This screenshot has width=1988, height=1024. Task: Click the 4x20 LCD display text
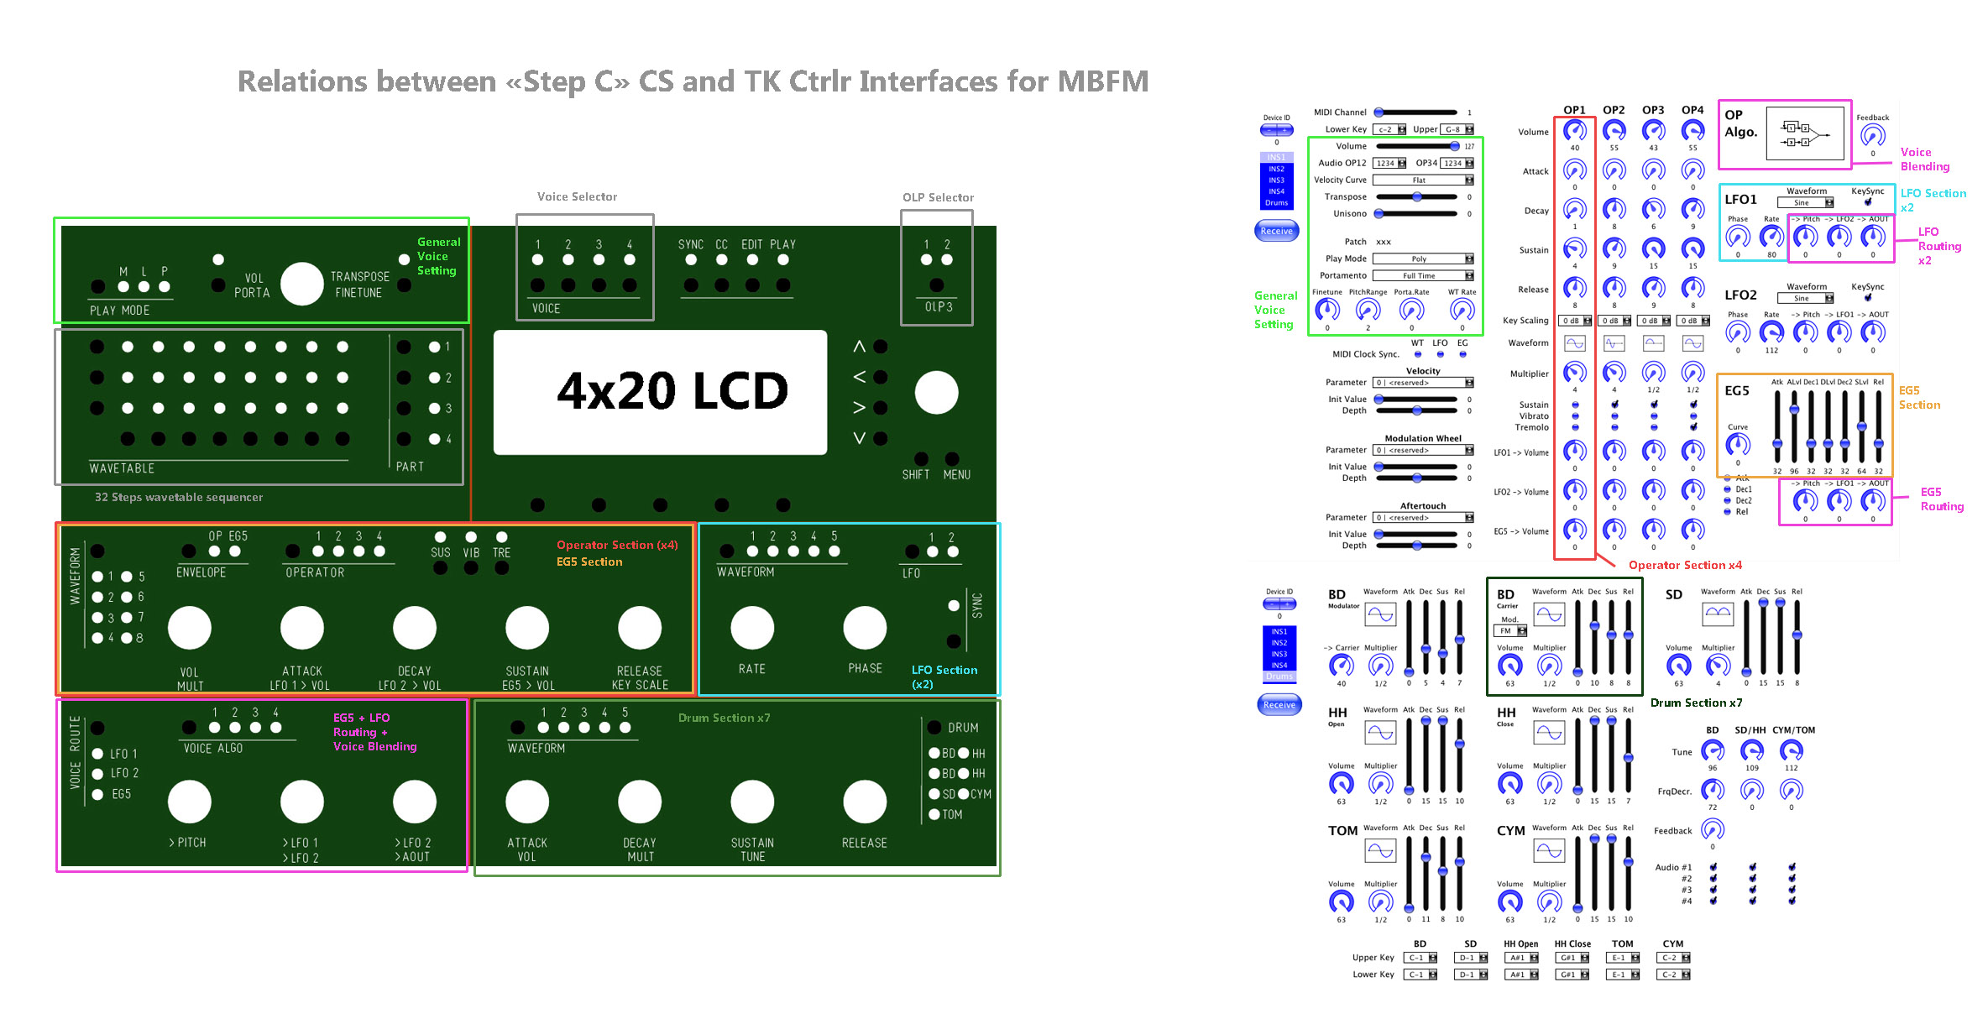tap(672, 391)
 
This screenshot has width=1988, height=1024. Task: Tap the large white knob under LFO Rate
tap(752, 628)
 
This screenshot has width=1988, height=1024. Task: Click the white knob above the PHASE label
tap(865, 628)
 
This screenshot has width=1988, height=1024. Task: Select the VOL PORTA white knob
tap(302, 284)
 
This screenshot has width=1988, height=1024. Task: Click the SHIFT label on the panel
tap(916, 475)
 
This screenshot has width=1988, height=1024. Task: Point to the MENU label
tap(957, 475)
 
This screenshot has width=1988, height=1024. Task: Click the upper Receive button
tap(1276, 231)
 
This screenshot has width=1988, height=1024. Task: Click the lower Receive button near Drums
tap(1279, 705)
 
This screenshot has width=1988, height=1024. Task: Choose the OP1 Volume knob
tap(1574, 131)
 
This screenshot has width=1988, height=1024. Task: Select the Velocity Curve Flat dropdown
tap(1423, 180)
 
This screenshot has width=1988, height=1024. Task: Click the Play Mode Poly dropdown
tap(1423, 259)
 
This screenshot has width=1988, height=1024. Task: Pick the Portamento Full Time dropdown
tap(1423, 276)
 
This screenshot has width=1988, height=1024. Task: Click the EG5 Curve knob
tap(1737, 444)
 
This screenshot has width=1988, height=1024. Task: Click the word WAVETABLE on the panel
tap(122, 468)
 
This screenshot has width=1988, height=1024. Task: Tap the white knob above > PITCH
tap(190, 802)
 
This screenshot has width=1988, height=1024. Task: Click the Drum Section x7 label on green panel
tap(724, 718)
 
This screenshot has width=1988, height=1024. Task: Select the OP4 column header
tap(1692, 110)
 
